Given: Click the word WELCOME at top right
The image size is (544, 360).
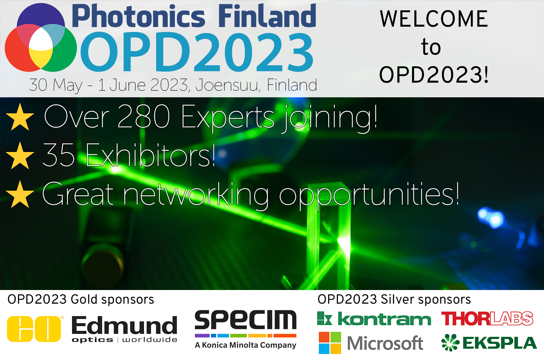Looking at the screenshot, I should pyautogui.click(x=434, y=19).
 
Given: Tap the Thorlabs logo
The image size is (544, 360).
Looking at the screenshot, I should pyautogui.click(x=487, y=319).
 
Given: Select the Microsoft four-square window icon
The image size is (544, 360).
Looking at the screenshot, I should pyautogui.click(x=330, y=343).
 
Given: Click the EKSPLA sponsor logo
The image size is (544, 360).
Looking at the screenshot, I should pyautogui.click(x=489, y=343).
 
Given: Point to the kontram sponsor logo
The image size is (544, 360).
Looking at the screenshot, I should pyautogui.click(x=374, y=319).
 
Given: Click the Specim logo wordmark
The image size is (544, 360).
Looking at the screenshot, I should pyautogui.click(x=246, y=320).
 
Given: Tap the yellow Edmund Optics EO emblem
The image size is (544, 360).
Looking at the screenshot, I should pyautogui.click(x=34, y=329).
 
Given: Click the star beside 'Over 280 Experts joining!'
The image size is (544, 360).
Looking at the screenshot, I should pyautogui.click(x=20, y=117).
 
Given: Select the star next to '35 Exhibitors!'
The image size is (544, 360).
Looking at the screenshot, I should pyautogui.click(x=20, y=156).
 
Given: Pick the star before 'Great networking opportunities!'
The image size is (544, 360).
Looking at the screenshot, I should pyautogui.click(x=20, y=195).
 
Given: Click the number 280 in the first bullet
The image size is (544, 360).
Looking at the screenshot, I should pyautogui.click(x=144, y=117).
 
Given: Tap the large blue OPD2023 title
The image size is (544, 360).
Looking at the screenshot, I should pyautogui.click(x=197, y=52).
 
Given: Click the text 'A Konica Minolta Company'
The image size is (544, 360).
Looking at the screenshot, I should pyautogui.click(x=246, y=345).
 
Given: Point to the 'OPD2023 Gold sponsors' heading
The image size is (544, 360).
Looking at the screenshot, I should pyautogui.click(x=81, y=299).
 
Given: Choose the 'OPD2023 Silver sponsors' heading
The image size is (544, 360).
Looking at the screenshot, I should pyautogui.click(x=394, y=299).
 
